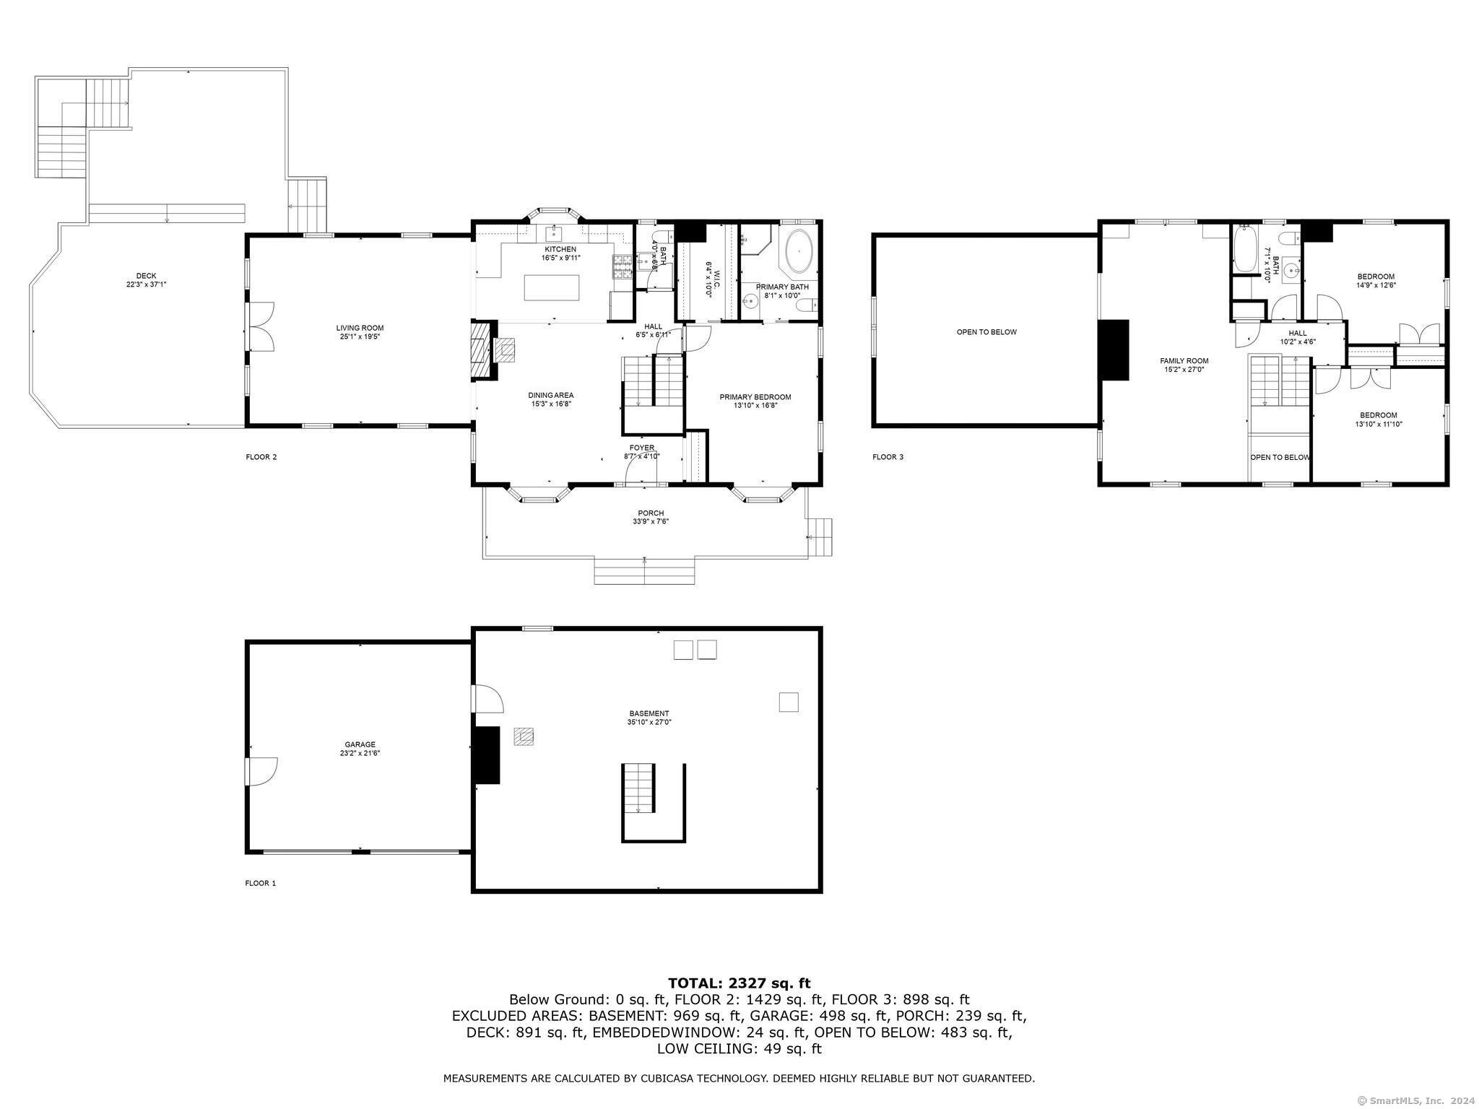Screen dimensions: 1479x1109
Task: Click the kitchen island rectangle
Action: pos(552,287)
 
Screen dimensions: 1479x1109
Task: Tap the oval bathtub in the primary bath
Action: pos(798,251)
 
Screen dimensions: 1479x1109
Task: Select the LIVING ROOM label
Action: pos(360,329)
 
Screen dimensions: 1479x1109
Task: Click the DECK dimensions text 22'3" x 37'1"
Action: pos(146,284)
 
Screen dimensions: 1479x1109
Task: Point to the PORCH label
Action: pos(651,513)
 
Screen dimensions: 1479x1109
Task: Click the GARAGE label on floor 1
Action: pos(360,744)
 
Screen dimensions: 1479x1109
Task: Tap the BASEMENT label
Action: pos(648,713)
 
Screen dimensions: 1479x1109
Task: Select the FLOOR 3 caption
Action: pos(888,457)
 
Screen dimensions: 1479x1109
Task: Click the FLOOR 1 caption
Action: pos(260,883)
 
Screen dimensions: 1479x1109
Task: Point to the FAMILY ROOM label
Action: pos(1184,361)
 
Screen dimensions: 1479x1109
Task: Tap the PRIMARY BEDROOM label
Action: pos(755,397)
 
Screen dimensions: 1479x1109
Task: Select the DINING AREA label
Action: pos(550,395)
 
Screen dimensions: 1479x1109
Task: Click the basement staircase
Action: pos(638,788)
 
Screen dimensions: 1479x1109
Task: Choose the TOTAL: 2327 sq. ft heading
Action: pos(739,983)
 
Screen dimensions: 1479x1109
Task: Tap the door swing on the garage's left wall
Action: pos(261,771)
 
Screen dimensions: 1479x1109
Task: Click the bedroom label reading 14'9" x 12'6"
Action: pos(1376,284)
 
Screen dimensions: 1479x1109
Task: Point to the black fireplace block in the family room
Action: pos(1113,349)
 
